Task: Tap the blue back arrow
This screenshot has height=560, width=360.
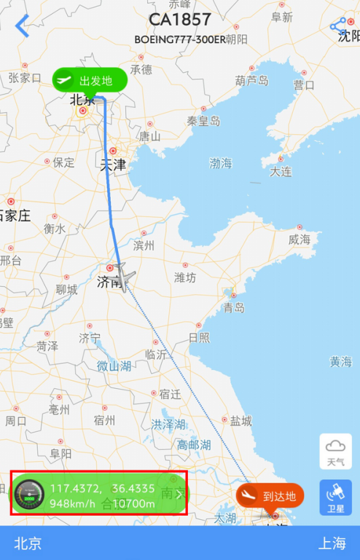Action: (23, 27)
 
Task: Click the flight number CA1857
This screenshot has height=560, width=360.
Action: (179, 20)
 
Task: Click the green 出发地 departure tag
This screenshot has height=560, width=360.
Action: (90, 80)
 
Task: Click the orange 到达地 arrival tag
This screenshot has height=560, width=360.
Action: (270, 497)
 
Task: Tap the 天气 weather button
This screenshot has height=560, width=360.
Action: (336, 451)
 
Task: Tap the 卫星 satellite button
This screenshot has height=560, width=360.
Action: (336, 497)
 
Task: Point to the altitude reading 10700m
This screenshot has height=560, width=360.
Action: (133, 503)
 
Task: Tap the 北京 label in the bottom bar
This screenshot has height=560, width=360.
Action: (28, 543)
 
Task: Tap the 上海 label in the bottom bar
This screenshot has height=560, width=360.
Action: (332, 543)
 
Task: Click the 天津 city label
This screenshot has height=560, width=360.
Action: (113, 165)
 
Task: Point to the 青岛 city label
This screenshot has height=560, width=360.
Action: (234, 308)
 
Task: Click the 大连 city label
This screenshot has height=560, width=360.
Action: (281, 172)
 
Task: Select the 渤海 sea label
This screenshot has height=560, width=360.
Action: (220, 164)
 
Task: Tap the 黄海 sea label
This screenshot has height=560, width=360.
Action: (340, 361)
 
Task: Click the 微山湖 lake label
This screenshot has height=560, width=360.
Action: (114, 366)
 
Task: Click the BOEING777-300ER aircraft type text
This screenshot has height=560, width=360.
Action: (179, 39)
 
